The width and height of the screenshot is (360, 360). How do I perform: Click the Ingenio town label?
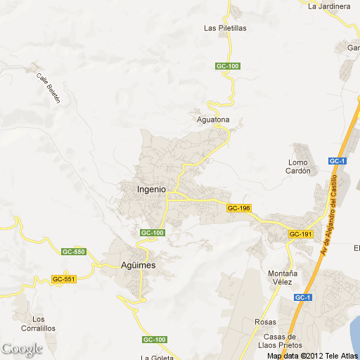[x=151, y=189]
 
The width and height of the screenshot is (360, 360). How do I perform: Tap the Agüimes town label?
[x=134, y=265]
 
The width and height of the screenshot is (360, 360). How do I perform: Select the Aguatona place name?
[x=212, y=120]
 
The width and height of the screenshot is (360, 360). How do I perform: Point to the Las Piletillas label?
[x=225, y=28]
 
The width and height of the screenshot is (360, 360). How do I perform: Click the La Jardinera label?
[x=329, y=6]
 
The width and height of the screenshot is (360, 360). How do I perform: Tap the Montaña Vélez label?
[x=283, y=277]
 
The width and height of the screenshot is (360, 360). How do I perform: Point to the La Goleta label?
[x=157, y=356]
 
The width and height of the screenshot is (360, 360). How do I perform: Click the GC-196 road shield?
[x=238, y=208]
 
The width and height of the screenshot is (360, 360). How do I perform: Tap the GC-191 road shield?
[x=300, y=234]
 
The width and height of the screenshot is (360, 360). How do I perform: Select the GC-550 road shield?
[x=73, y=252]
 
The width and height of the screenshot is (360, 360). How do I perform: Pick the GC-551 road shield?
[x=63, y=279]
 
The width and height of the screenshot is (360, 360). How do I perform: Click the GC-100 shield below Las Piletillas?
[x=228, y=66]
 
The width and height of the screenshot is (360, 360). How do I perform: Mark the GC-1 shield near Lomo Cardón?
[x=337, y=161]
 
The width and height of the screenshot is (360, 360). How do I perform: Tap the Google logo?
[x=22, y=349]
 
